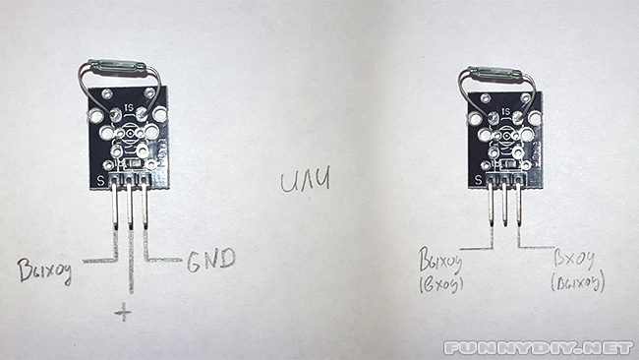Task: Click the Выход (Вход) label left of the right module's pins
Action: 442,273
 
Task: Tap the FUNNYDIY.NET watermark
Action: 537,347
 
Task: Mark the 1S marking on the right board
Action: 505,112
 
